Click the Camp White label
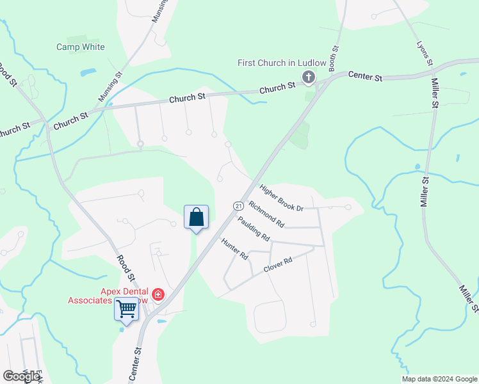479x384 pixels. [81, 47]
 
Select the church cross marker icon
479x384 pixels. [309, 78]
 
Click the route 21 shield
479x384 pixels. [238, 205]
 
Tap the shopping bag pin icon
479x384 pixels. [197, 218]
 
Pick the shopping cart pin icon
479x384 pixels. [126, 310]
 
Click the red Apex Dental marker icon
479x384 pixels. [158, 295]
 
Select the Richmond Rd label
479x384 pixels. [266, 214]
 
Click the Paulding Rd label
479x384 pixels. [253, 228]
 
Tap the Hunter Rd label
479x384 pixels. [234, 248]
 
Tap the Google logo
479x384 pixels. [21, 376]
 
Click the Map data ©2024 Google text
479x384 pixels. [439, 379]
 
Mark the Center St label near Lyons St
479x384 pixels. [365, 77]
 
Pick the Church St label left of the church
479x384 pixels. [278, 86]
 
